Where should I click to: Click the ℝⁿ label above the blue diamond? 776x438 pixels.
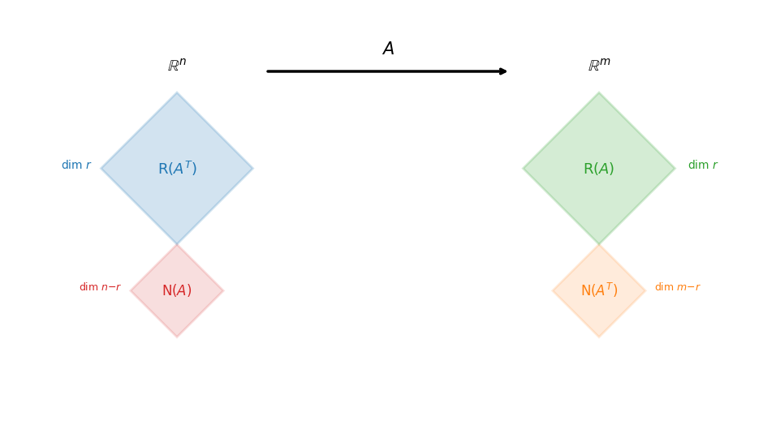point(177,66)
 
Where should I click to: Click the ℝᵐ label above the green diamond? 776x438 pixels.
point(599,66)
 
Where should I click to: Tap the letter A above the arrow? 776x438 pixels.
point(388,49)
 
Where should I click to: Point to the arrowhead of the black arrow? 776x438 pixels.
point(504,71)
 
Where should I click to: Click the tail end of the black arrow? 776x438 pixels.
point(268,71)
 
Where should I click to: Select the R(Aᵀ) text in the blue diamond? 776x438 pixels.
point(177,169)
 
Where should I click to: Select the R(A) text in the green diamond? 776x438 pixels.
point(599,169)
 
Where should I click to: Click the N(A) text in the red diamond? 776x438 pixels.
point(177,290)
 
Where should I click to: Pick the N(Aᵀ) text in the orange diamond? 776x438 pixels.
point(599,290)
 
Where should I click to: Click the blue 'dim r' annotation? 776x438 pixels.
point(76,165)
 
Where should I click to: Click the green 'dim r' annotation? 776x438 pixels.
point(702,165)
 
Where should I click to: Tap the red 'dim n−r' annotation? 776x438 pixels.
point(100,287)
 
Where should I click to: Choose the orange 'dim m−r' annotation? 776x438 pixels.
point(677,287)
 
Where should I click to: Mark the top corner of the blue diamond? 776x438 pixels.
point(177,93)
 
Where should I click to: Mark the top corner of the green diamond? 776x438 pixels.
point(599,93)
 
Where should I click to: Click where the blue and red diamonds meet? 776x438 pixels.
point(177,244)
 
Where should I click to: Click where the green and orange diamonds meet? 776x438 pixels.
point(599,244)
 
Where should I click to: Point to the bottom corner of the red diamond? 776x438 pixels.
point(177,336)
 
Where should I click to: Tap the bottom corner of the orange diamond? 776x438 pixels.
point(599,336)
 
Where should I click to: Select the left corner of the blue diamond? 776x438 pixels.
point(102,169)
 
